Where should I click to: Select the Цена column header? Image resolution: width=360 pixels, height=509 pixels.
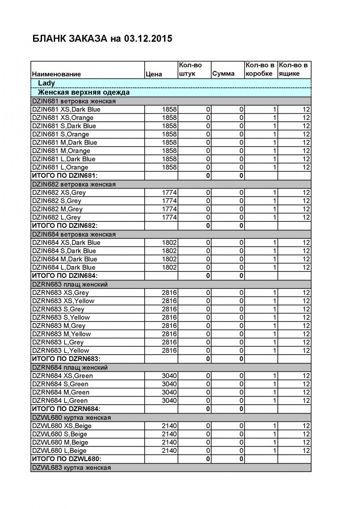tap(153, 74)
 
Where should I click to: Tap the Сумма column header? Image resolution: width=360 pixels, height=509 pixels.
tap(223, 74)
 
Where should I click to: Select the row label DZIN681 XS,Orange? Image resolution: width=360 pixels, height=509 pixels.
tap(63, 117)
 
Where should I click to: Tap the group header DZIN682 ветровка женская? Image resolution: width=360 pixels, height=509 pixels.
tap(74, 184)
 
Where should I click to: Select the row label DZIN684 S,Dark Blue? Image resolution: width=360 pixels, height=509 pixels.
tap(64, 251)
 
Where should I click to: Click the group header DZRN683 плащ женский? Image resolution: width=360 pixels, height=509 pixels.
tap(70, 284)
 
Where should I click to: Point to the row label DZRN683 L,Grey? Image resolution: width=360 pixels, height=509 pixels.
tap(58, 342)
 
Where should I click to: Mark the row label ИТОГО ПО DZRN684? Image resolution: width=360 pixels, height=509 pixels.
tap(66, 409)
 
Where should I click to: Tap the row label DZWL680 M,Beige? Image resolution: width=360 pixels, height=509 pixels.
tap(60, 442)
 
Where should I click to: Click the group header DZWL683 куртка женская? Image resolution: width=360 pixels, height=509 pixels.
tap(71, 467)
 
